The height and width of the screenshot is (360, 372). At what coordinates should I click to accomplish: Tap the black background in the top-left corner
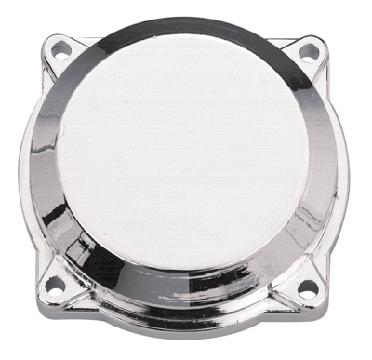click(x=14, y=14)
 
